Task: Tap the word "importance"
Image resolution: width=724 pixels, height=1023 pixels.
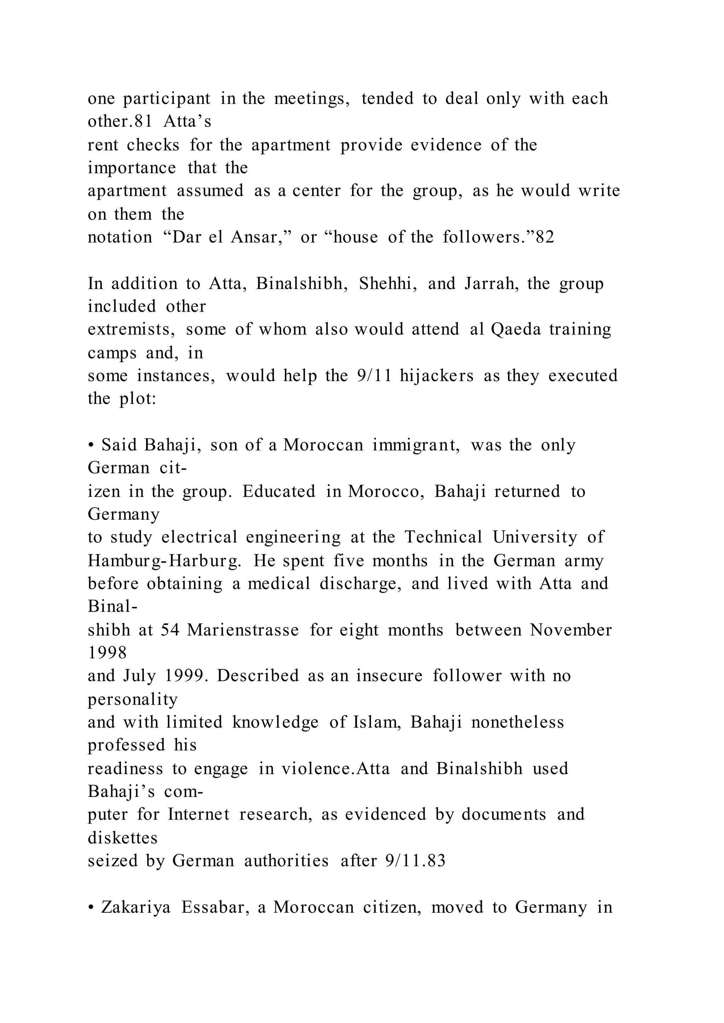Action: click(132, 168)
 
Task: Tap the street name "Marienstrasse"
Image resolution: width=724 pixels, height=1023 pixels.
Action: click(243, 631)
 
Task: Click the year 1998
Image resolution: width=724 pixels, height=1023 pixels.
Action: click(107, 653)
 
